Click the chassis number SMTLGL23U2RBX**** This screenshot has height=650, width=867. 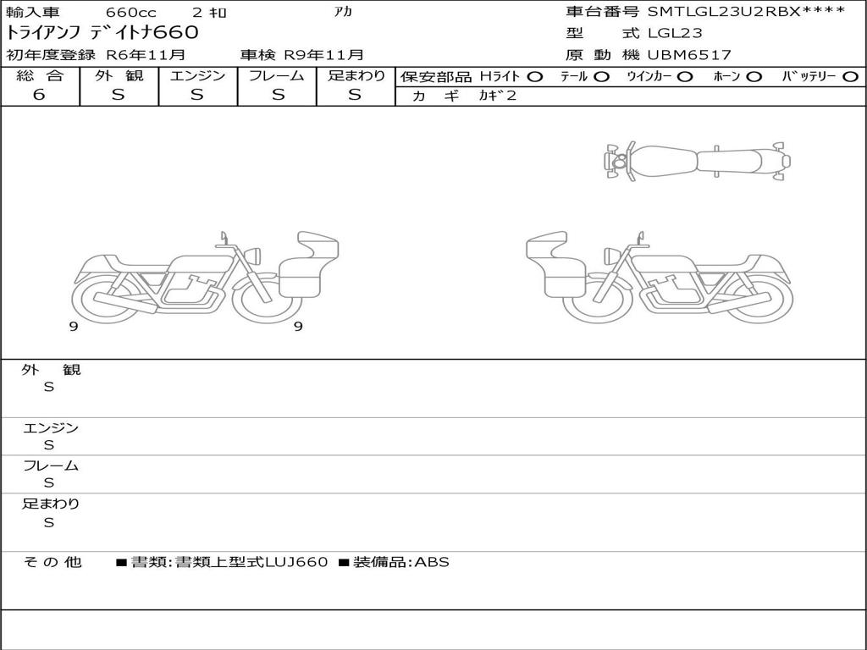coord(747,12)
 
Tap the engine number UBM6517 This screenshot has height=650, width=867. coord(689,55)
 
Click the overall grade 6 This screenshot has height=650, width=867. coord(39,95)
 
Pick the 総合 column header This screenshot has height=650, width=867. coord(40,75)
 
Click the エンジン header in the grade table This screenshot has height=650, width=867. coord(197,75)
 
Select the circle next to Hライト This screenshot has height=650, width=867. coord(534,77)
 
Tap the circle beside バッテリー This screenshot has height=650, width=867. coord(851,77)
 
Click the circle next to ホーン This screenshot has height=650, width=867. coord(754,77)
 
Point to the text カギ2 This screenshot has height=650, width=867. coord(497,96)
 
